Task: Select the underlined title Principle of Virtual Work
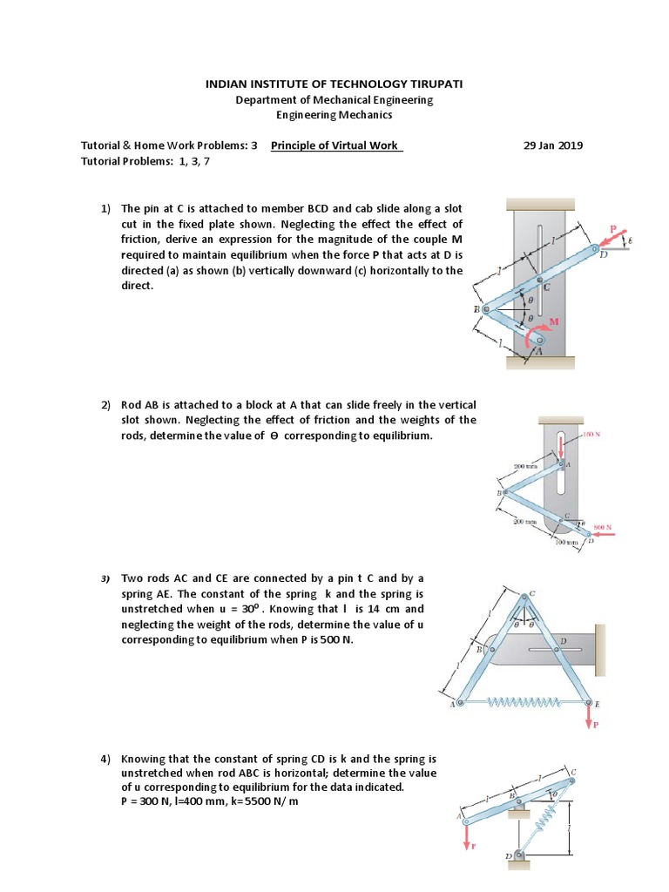336,145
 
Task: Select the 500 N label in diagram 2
603,528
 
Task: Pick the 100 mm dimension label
565,542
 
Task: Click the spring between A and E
524,702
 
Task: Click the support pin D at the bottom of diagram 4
519,856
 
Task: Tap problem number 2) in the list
105,405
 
